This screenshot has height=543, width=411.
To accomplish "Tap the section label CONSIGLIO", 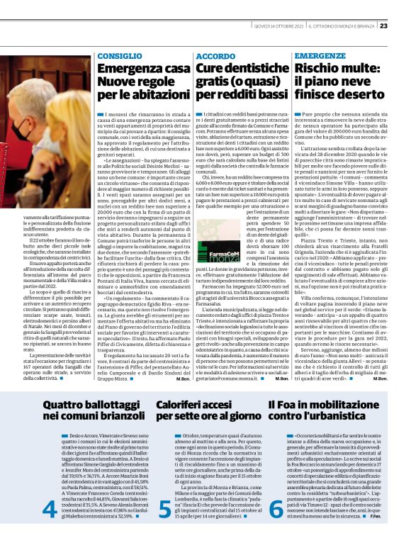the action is (115, 55).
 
